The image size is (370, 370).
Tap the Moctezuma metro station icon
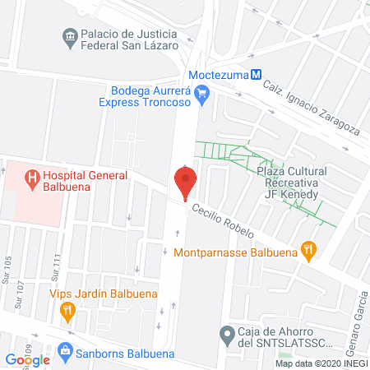257,72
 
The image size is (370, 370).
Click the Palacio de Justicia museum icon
70,35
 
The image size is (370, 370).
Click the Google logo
28,359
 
